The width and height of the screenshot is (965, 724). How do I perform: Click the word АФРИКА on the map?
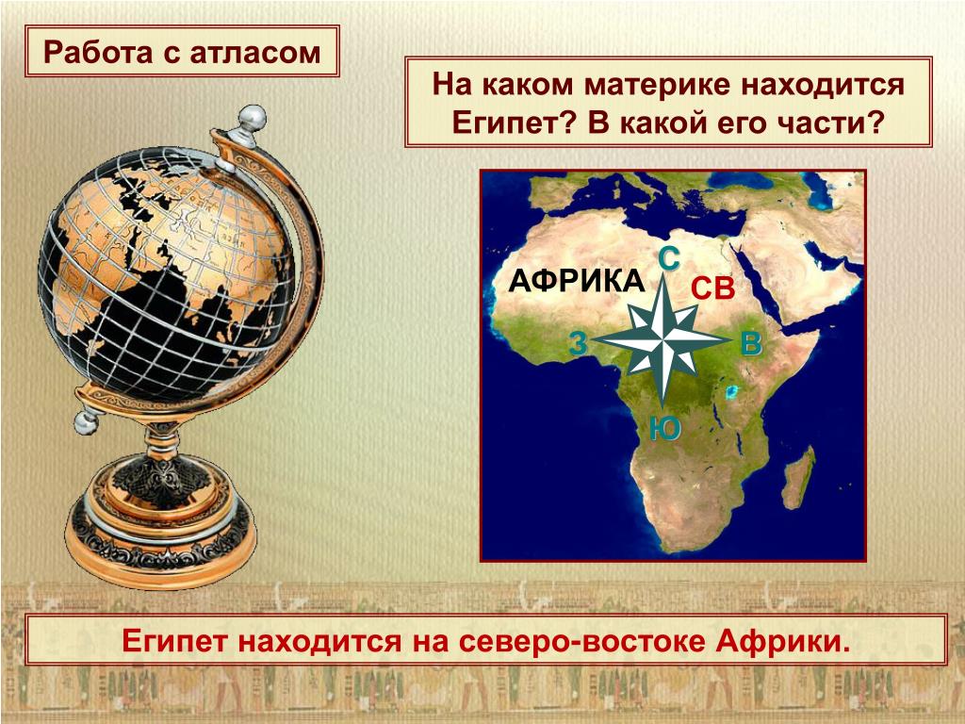(x=577, y=282)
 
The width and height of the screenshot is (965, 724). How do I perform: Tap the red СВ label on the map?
(x=712, y=288)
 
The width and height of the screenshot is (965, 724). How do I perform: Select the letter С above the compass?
(x=669, y=258)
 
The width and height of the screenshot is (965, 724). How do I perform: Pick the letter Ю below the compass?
(x=664, y=429)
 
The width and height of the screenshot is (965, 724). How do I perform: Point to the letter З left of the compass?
(x=578, y=343)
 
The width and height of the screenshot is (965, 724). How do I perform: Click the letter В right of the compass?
(x=751, y=343)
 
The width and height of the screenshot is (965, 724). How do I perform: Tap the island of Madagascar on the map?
(x=798, y=476)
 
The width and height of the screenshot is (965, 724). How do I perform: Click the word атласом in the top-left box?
(x=255, y=53)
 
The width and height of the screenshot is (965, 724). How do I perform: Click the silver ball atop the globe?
(x=252, y=118)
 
